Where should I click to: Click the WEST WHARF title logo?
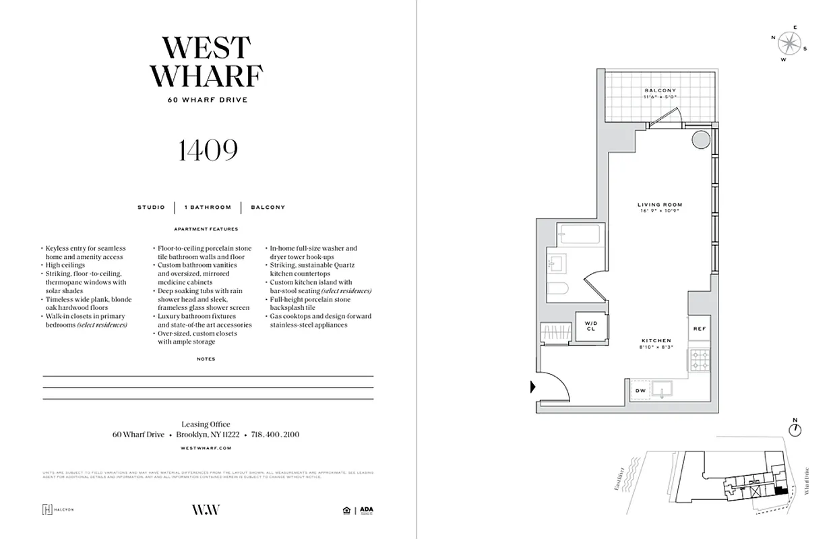[x=206, y=62]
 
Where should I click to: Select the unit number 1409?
[x=208, y=151]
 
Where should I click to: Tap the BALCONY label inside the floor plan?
[x=660, y=90]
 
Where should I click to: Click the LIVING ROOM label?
[x=660, y=205]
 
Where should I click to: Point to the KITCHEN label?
[x=656, y=341]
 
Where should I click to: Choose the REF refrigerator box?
[x=699, y=328]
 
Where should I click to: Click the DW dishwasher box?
[x=640, y=391]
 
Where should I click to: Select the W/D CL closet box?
[x=591, y=326]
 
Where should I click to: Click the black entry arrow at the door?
[x=533, y=387]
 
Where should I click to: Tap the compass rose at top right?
[x=788, y=44]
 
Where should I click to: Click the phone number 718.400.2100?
[x=275, y=435]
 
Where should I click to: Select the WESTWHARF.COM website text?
[x=206, y=448]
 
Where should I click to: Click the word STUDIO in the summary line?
[x=151, y=208]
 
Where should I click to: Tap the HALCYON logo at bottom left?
[x=58, y=509]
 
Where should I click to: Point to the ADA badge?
[x=366, y=510]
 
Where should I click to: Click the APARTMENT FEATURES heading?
[x=206, y=229]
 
